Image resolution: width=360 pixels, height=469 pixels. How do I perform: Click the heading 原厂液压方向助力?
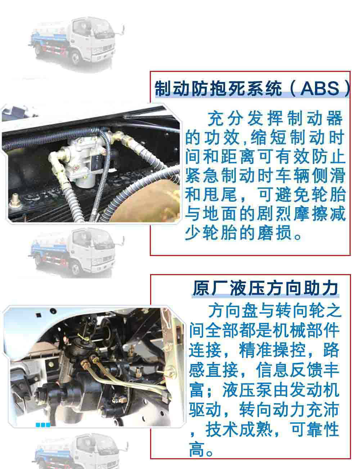click(x=266, y=288)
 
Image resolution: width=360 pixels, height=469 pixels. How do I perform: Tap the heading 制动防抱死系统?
click(x=218, y=88)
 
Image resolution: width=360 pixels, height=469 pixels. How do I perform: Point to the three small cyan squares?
click(x=43, y=425)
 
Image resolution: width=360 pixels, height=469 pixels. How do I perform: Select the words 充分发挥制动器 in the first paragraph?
click(x=275, y=118)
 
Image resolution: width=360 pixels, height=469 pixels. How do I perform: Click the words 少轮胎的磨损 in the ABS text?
click(x=239, y=233)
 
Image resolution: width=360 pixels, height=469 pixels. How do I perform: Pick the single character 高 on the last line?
click(x=197, y=449)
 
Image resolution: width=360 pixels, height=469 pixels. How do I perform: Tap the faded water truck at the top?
click(x=77, y=43)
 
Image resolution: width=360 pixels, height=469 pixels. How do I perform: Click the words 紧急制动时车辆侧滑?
click(x=265, y=176)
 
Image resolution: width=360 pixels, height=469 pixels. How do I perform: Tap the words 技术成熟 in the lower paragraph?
click(x=239, y=429)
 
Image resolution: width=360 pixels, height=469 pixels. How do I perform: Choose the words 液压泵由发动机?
click(x=280, y=390)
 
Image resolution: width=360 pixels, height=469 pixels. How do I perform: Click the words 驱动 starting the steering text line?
click(x=205, y=410)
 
